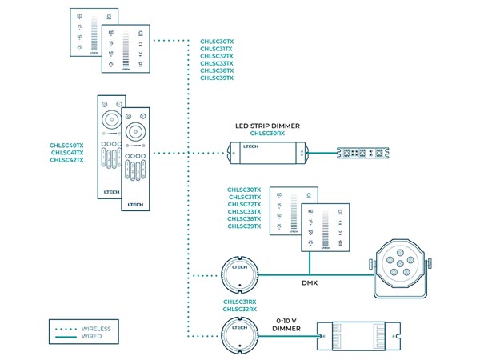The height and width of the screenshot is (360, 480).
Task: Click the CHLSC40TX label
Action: pos(67,146)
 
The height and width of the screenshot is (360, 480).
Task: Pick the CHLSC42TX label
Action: pos(67,160)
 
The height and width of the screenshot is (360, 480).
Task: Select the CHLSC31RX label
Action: pos(240,302)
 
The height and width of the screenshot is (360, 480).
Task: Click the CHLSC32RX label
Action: pos(240,310)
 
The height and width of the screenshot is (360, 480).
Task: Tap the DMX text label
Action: pos(310,282)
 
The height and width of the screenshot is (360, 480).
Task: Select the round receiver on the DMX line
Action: pos(239,275)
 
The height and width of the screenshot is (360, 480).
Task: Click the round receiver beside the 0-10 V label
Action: pos(239,333)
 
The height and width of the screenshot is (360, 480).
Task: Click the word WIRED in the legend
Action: pos(90,337)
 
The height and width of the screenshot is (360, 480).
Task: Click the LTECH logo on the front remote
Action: pos(134,205)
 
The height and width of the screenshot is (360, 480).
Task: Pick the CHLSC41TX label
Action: pos(67,153)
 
